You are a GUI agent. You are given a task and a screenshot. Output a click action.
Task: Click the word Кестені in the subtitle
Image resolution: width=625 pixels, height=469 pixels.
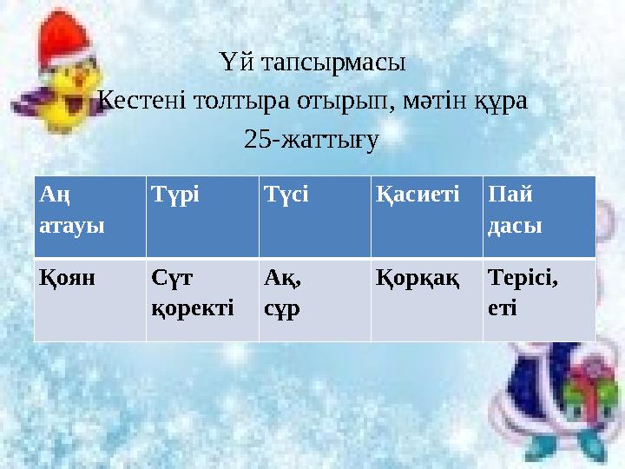pos(136,102)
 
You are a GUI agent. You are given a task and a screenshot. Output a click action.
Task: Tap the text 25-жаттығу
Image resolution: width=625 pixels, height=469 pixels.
pos(312,140)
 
